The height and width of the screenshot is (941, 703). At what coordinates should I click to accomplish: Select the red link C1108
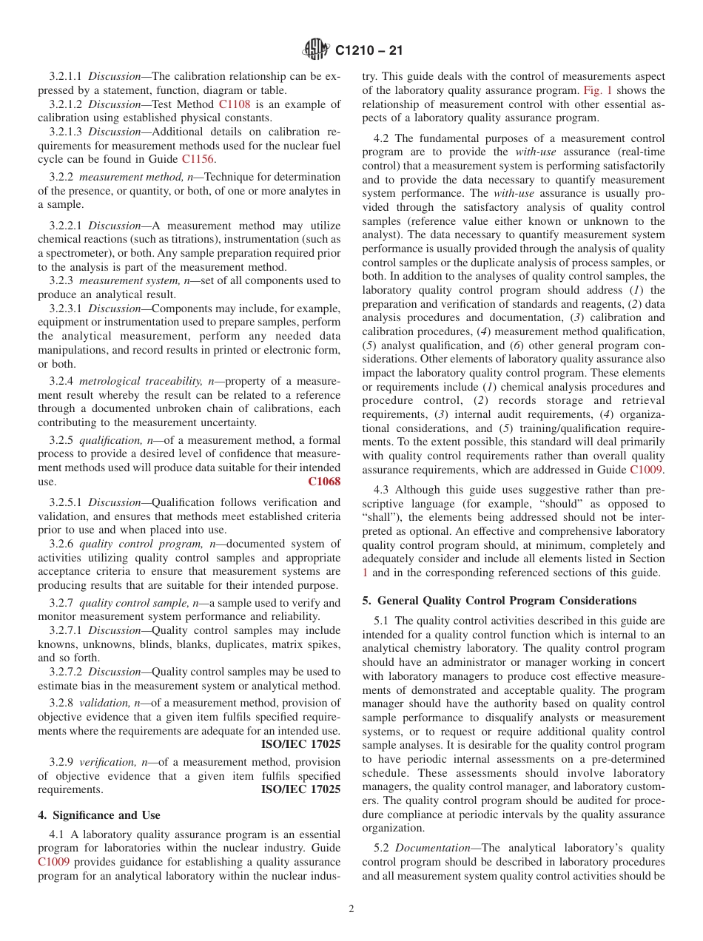coord(235,104)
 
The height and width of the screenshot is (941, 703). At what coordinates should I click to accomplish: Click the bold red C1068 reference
coord(323,482)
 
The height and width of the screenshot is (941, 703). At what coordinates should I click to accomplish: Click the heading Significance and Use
coord(99,815)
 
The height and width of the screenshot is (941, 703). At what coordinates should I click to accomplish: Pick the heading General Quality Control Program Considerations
coord(499,601)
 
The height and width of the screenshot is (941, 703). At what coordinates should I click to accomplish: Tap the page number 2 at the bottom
coord(351,909)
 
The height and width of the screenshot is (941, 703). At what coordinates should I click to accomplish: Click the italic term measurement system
coord(121,280)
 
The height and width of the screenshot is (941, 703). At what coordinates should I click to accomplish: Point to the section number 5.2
coord(382,848)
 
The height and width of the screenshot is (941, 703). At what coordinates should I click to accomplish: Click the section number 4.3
coord(382,490)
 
